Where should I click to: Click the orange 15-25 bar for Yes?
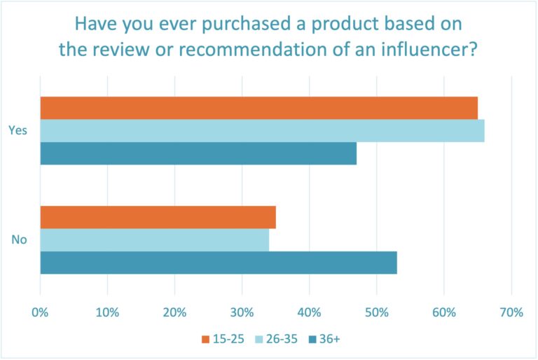click(258, 108)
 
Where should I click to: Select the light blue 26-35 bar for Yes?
click(262, 131)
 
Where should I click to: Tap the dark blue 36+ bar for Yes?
click(198, 153)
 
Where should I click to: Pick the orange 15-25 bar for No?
click(158, 218)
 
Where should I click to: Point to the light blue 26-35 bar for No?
click(154, 240)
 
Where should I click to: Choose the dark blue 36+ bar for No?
click(219, 263)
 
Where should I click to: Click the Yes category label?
click(18, 130)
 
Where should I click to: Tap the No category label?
click(19, 240)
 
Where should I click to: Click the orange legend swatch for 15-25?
click(205, 340)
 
